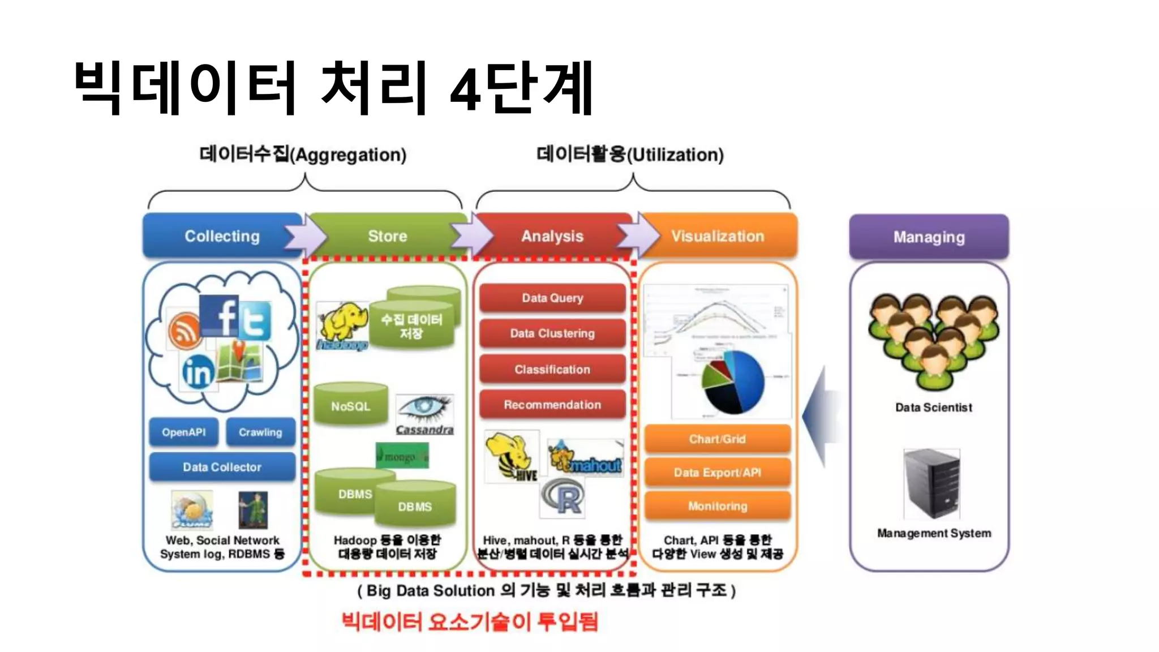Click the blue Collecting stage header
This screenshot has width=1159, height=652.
point(222,236)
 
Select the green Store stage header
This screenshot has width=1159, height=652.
point(388,236)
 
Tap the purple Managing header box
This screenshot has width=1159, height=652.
point(929,237)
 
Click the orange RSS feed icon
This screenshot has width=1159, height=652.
point(184,331)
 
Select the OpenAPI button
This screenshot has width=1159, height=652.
point(183,432)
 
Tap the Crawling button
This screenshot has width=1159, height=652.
point(260,432)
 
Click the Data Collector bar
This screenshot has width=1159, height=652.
point(222,467)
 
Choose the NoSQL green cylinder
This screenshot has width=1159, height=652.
point(351,406)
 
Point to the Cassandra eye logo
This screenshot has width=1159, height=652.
point(424,412)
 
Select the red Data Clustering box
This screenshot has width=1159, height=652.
point(552,333)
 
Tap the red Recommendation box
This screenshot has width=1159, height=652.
point(552,405)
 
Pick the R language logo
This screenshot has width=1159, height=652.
point(563,498)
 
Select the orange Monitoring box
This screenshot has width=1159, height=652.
point(717,506)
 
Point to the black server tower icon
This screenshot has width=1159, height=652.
point(932,483)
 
